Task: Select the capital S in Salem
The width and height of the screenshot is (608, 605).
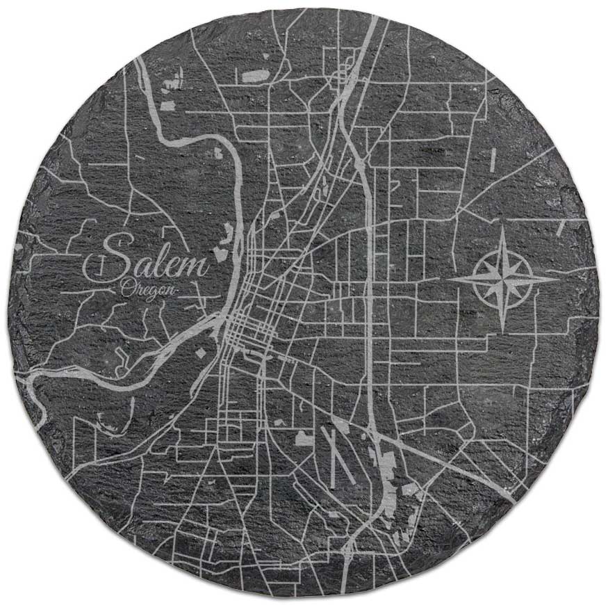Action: coord(118,257)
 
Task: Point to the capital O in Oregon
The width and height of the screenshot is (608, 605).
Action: coord(126,287)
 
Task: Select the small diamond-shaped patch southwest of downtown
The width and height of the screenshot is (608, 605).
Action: coord(201,353)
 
